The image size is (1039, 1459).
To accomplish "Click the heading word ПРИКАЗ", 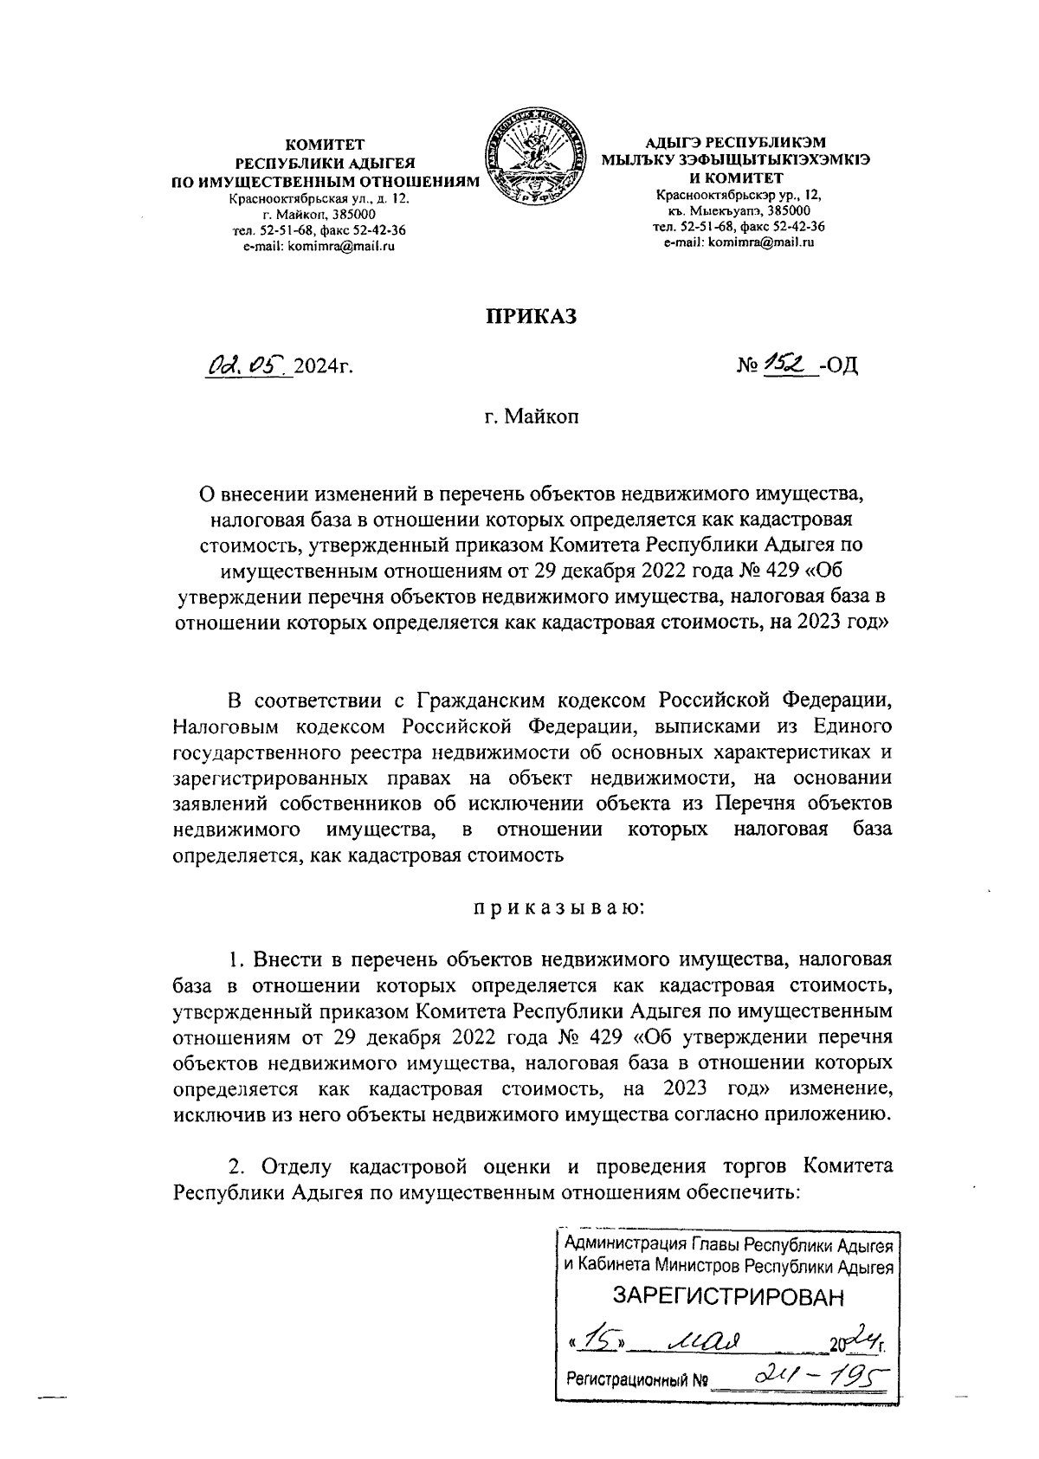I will pos(530,317).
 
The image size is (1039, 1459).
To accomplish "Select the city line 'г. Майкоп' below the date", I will pos(531,417).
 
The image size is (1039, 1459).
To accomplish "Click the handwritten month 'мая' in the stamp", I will pos(707,1340).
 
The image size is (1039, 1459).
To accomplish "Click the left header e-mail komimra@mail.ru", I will pos(319,246).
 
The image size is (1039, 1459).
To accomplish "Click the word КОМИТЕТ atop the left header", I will pos(326,145).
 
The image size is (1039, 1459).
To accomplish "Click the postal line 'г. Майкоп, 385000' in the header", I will pos(319,214).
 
